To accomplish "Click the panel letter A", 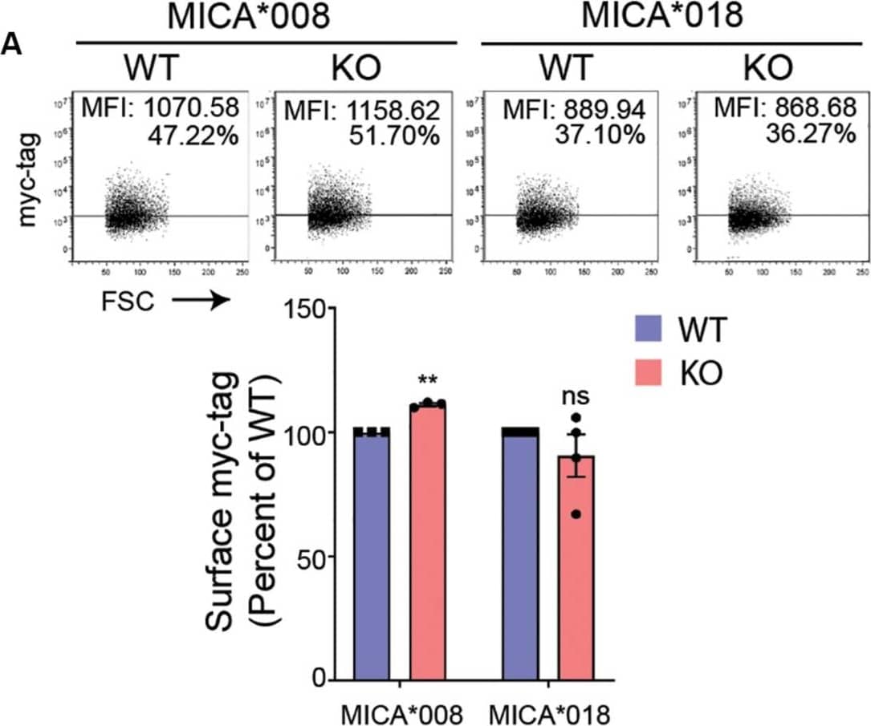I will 11,46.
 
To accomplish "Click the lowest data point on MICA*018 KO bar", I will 576,513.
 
